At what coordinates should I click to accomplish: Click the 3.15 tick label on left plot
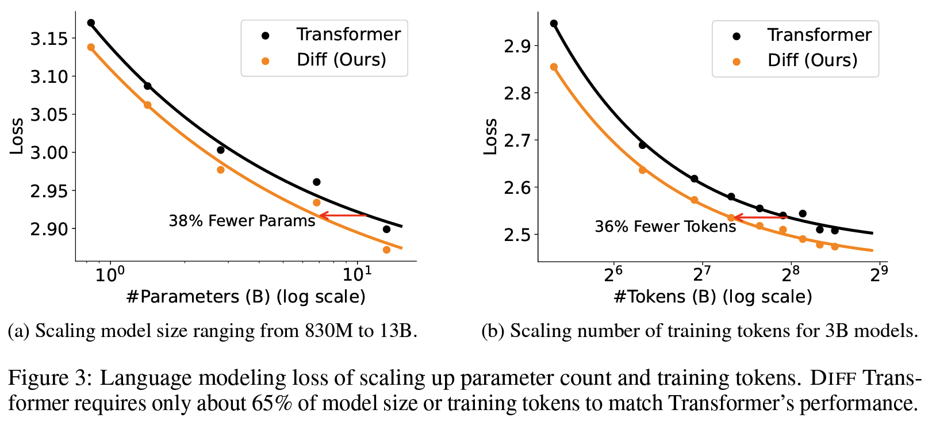[x=49, y=39]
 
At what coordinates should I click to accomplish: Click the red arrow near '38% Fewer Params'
[x=343, y=216]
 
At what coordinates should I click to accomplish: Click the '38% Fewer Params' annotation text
[x=241, y=221]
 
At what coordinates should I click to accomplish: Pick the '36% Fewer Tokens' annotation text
[x=665, y=226]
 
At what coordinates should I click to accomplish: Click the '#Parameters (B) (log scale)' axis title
[x=245, y=297]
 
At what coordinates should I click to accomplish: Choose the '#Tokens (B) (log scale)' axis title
[x=713, y=297]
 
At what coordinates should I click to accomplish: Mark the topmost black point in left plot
[x=91, y=23]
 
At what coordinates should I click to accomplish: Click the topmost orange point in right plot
[x=554, y=67]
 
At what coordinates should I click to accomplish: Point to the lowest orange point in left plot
[x=386, y=250]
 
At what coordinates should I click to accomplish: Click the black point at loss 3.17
[x=91, y=23]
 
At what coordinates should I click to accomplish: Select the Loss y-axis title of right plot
[x=490, y=137]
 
